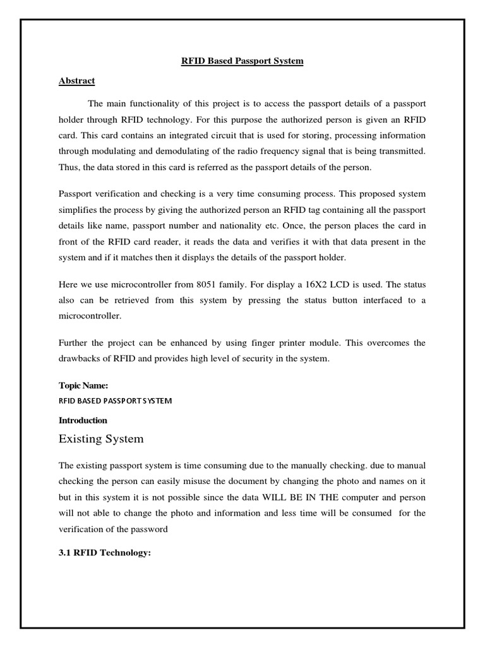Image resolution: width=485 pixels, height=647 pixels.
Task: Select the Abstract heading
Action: click(77, 81)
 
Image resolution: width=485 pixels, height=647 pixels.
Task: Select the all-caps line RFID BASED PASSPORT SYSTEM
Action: click(115, 401)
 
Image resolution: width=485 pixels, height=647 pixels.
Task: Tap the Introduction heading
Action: click(83, 420)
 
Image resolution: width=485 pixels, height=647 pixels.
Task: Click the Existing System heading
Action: click(101, 438)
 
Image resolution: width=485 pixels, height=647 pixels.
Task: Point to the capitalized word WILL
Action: click(267, 497)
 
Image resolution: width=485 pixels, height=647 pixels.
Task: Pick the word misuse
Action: click(206, 481)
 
